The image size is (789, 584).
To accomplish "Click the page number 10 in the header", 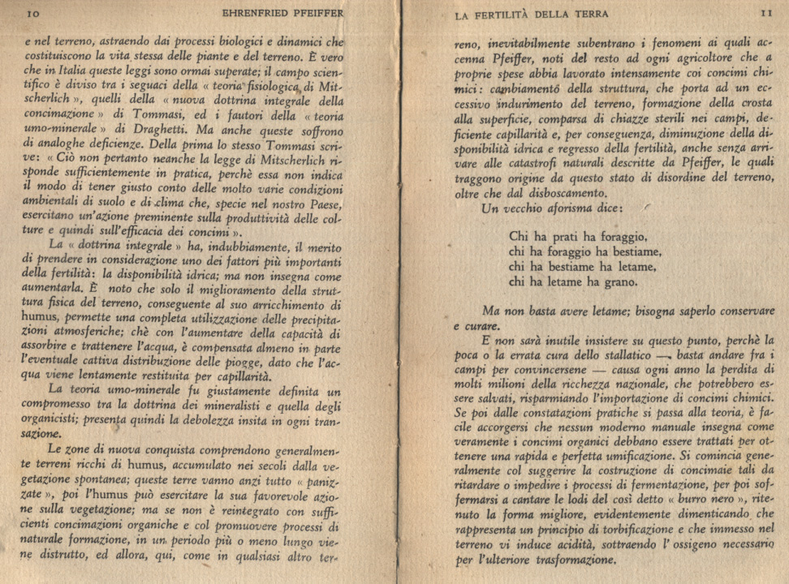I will tap(34, 14).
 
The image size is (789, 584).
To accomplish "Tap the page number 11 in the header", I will tap(765, 13).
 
